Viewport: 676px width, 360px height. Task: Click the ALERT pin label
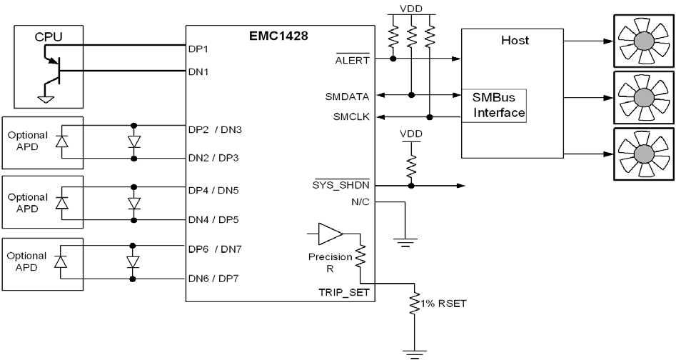(x=353, y=60)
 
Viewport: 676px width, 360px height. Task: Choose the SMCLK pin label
(x=350, y=117)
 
